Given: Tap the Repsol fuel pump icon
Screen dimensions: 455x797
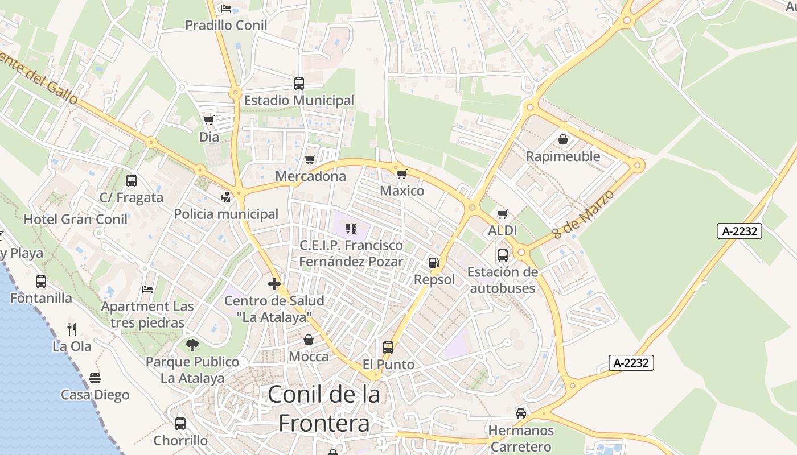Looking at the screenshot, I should pyautogui.click(x=434, y=263).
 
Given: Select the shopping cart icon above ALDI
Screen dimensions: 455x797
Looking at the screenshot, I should pyautogui.click(x=502, y=214).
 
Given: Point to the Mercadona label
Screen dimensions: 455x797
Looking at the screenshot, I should pyautogui.click(x=310, y=176).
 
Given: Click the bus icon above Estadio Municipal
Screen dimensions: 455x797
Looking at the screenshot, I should pyautogui.click(x=299, y=84).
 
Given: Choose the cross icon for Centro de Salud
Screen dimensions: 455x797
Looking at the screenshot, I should pyautogui.click(x=274, y=283).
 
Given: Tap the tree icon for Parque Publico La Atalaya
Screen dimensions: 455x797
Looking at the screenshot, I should pyautogui.click(x=192, y=345).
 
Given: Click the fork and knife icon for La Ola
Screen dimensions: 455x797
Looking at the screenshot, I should pyautogui.click(x=72, y=329).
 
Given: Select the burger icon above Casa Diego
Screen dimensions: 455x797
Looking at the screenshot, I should pyautogui.click(x=95, y=378).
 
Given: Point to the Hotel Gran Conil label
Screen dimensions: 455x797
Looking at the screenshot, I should pyautogui.click(x=76, y=219).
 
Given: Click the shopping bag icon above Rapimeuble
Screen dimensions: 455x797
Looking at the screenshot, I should pyautogui.click(x=563, y=139).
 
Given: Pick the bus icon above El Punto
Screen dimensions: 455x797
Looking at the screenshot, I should pyautogui.click(x=388, y=347).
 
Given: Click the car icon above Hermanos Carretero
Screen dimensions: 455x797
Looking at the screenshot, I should pyautogui.click(x=521, y=413).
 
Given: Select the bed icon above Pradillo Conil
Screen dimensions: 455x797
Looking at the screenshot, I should pyautogui.click(x=226, y=9).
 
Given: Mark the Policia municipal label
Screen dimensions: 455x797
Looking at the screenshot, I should pyautogui.click(x=226, y=214).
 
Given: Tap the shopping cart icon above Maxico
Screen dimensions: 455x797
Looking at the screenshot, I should pyautogui.click(x=402, y=174).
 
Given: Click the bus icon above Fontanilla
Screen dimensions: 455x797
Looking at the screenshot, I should pyautogui.click(x=41, y=281).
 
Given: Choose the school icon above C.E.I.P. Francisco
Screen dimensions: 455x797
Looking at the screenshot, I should pyautogui.click(x=351, y=229).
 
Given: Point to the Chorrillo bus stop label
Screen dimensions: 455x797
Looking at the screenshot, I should pyautogui.click(x=180, y=440).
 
